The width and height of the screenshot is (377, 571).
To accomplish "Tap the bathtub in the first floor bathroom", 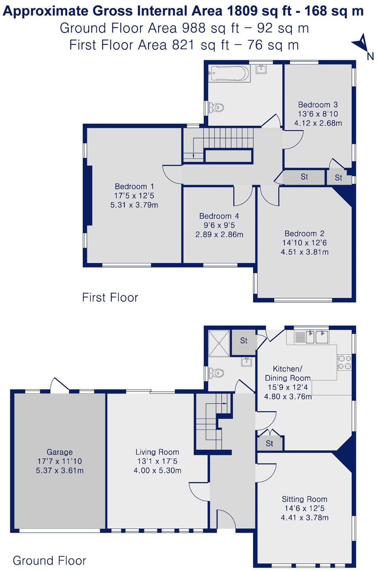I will pyautogui.click(x=230, y=73).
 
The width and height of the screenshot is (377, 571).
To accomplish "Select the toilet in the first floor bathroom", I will pyautogui.click(x=216, y=107).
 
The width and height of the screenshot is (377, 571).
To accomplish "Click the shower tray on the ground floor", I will pyautogui.click(x=219, y=343).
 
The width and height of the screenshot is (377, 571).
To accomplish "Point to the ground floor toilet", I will pyautogui.click(x=216, y=373).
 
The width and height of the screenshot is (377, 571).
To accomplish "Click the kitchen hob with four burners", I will pyautogui.click(x=344, y=362).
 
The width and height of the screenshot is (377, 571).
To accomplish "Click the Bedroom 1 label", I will pyautogui.click(x=134, y=187).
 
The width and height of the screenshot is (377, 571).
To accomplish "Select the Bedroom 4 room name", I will pyautogui.click(x=219, y=216).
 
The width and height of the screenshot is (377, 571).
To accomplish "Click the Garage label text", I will pyautogui.click(x=59, y=452).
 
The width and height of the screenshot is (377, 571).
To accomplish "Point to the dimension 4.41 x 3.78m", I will pyautogui.click(x=304, y=518).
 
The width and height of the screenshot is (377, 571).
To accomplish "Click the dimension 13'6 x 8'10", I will pyautogui.click(x=318, y=114).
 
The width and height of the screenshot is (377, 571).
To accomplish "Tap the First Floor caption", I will pyautogui.click(x=110, y=297).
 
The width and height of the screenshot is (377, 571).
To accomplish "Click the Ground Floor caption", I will pyautogui.click(x=49, y=560).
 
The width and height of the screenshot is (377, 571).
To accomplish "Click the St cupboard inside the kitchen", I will pyautogui.click(x=269, y=443).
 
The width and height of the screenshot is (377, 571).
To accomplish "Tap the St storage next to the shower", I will pyautogui.click(x=244, y=341).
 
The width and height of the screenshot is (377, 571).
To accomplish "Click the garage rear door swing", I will pyautogui.click(x=59, y=385).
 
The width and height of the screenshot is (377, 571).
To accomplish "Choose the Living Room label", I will pyautogui.click(x=157, y=452).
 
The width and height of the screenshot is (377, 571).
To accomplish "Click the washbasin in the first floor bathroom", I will pyautogui.click(x=261, y=69).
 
